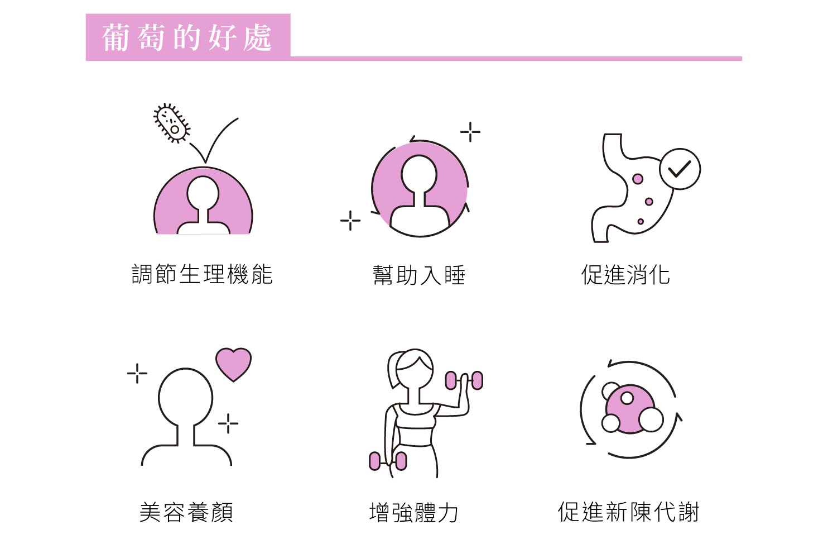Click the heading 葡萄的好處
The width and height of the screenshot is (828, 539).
tap(187, 37)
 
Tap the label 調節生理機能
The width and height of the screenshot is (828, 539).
tap(202, 275)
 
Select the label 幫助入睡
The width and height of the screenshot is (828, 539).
tap(419, 275)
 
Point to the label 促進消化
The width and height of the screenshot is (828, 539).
tap(625, 275)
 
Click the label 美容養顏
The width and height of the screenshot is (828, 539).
tap(186, 512)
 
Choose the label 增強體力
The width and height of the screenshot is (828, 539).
tap(414, 512)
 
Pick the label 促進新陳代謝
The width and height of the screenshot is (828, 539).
tap(628, 512)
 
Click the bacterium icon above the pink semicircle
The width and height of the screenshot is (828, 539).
tap(172, 123)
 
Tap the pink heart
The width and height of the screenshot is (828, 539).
tap(233, 364)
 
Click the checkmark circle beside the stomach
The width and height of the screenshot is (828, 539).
tap(680, 169)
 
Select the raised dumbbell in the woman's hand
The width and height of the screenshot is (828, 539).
tap(464, 380)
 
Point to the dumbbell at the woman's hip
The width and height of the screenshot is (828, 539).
tap(388, 461)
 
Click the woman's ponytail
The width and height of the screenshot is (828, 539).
tap(393, 369)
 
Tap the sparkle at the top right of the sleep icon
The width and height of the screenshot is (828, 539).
tap(470, 132)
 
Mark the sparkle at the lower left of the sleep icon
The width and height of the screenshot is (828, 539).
tap(350, 221)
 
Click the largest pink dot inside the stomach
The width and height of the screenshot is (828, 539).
tap(637, 179)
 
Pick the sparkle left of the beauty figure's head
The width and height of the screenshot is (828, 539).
tap(137, 373)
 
